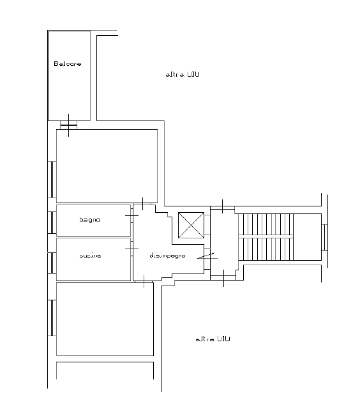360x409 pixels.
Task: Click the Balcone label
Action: click(x=67, y=64)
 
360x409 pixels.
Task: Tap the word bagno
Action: click(x=89, y=220)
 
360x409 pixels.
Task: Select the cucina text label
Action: click(x=90, y=256)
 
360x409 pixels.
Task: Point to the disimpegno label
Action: click(x=167, y=256)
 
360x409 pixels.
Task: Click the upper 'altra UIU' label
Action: click(x=183, y=75)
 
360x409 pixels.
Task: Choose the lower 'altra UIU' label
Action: click(x=213, y=339)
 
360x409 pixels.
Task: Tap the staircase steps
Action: click(x=266, y=238)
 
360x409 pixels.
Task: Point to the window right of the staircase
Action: click(x=324, y=238)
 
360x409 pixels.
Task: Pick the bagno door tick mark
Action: click(x=131, y=216)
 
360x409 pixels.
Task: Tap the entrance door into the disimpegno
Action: click(x=206, y=256)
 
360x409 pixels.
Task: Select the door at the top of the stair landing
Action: click(x=222, y=207)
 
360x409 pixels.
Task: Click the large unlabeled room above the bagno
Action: click(x=107, y=164)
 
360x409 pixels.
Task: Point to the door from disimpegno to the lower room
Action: click(x=146, y=280)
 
